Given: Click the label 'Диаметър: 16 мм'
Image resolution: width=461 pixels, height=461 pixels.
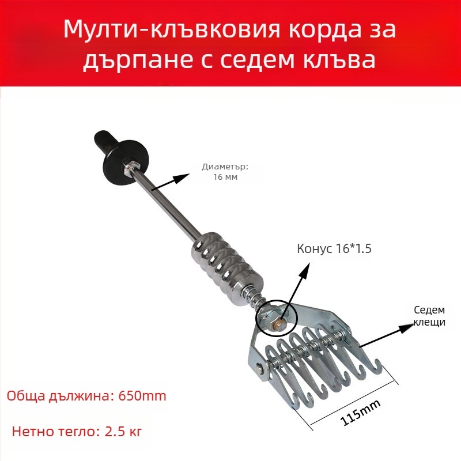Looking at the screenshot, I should tap(225, 172).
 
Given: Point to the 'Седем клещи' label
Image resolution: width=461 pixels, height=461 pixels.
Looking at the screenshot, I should tap(430, 316).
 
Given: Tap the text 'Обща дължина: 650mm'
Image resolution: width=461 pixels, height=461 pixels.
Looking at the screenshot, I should tap(86, 396).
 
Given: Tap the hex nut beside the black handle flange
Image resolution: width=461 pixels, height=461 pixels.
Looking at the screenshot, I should tap(130, 167).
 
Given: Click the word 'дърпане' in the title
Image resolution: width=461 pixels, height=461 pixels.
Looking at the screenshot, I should tap(128, 59).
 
